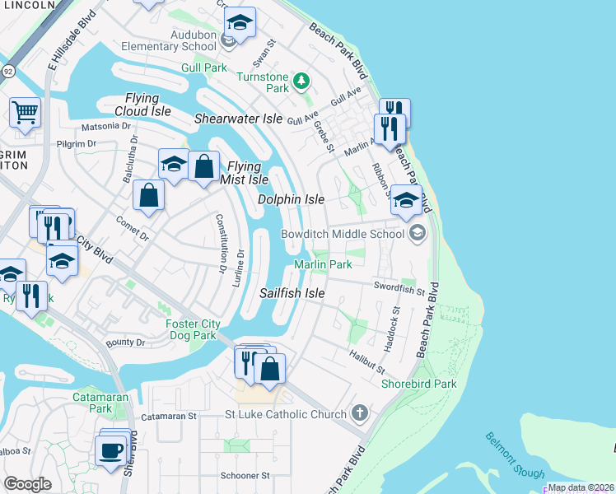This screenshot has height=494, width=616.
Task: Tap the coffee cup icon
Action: pyautogui.click(x=110, y=450)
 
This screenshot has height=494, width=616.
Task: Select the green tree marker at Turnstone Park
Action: pyautogui.click(x=302, y=81)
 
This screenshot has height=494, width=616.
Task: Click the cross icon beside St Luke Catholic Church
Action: pyautogui.click(x=358, y=412)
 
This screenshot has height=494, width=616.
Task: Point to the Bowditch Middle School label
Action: pyautogui.click(x=343, y=234)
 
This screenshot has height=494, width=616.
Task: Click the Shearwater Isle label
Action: pyautogui.click(x=238, y=119)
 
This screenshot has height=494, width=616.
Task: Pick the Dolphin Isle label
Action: pyautogui.click(x=291, y=199)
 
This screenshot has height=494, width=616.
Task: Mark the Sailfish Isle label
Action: pyautogui.click(x=292, y=293)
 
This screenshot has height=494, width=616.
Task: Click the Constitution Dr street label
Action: pyautogui.click(x=220, y=242)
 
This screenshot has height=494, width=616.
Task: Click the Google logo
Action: pyautogui.click(x=27, y=484)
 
